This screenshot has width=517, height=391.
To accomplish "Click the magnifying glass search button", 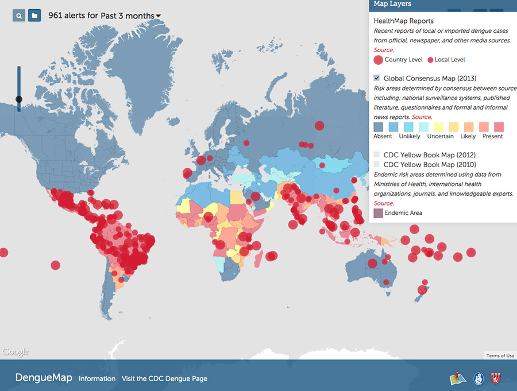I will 20,16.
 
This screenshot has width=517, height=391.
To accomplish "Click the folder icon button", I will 34,16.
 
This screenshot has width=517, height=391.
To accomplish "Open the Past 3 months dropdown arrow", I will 158,16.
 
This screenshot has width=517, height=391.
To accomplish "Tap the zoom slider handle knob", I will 19,99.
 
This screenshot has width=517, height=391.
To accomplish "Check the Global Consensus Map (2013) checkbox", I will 377,78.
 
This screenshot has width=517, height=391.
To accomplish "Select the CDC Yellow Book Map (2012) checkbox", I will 377,155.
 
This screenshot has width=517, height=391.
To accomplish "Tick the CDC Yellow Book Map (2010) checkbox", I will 377,164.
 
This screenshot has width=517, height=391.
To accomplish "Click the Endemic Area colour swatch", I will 378,213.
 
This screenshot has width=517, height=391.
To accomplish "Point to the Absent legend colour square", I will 379,127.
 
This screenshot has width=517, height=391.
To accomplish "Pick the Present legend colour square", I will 497,127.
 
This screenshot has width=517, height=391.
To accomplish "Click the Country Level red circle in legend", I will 378,60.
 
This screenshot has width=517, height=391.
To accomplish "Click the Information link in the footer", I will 97,378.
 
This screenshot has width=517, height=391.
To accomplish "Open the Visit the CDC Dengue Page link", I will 164,378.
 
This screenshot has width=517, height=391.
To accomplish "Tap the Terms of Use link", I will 500,356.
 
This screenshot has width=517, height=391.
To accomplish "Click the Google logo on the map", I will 15,352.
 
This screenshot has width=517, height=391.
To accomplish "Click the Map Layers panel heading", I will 392,4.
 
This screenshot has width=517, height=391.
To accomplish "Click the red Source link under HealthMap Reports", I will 383,50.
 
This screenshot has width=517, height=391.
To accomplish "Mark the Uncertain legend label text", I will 440,136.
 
